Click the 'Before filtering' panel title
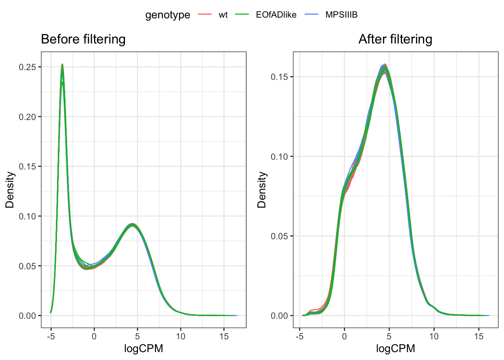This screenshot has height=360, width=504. click(x=83, y=39)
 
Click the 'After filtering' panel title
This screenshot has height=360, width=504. click(x=395, y=39)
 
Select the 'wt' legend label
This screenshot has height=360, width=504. click(x=223, y=15)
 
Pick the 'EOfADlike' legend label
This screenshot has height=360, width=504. click(x=276, y=15)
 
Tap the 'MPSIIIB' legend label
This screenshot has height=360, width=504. click(x=341, y=15)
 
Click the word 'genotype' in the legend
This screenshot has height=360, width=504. click(x=168, y=15)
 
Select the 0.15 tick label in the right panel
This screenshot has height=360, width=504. click(x=279, y=77)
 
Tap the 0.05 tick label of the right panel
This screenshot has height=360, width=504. click(x=279, y=236)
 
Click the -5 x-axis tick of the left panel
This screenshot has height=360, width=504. click(x=51, y=336)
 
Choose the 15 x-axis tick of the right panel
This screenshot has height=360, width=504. click(x=479, y=336)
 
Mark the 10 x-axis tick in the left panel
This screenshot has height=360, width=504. click(x=181, y=336)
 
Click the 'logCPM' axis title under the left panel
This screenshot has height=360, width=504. click(x=144, y=349)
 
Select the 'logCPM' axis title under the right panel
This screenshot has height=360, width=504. click(x=396, y=349)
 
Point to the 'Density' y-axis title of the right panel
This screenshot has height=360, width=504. click(x=261, y=190)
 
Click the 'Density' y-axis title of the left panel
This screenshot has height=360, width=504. click(x=9, y=190)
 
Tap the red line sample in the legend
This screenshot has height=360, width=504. click(x=204, y=15)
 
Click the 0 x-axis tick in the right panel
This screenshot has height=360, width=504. click(x=344, y=336)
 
